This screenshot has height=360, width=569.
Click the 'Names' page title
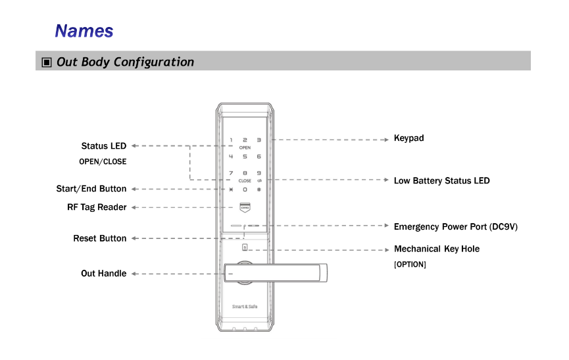[84, 31]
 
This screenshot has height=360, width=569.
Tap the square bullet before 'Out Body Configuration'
[47, 62]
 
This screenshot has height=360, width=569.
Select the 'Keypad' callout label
[409, 138]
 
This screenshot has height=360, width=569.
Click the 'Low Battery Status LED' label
[441, 181]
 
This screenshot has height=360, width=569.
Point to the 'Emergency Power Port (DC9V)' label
[456, 227]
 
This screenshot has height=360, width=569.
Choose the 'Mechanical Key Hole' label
[437, 249]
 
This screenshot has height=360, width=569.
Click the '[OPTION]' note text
[410, 265]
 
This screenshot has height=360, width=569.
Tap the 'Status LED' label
[104, 146]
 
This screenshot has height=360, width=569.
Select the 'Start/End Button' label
[91, 189]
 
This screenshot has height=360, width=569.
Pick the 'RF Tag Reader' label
[97, 207]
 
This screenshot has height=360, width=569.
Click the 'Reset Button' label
[100, 238]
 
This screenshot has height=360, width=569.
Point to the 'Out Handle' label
[104, 273]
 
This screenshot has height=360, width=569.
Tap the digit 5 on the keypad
[245, 157]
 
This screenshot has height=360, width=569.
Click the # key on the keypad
[259, 190]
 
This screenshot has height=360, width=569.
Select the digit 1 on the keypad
[231, 140]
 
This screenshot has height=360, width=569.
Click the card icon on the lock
[245, 207]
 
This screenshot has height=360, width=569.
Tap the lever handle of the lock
[276, 273]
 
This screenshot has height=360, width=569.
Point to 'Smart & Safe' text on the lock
[245, 307]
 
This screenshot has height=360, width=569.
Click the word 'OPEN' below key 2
[245, 147]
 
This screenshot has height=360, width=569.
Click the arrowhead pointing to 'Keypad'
[387, 140]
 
